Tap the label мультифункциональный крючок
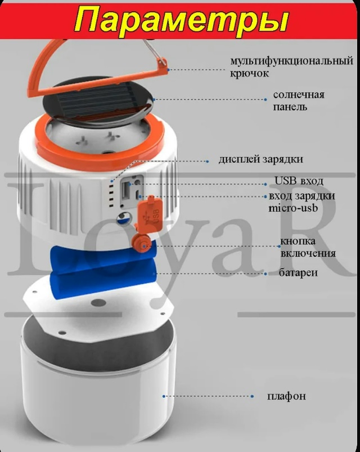click(291, 67)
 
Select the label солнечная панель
click(299, 101)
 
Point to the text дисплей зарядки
click(260, 159)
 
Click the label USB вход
click(299, 181)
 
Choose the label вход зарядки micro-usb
click(301, 202)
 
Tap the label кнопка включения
click(308, 247)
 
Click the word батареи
click(298, 272)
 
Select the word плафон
click(286, 396)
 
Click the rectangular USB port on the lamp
click(126, 190)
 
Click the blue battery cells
click(103, 268)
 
